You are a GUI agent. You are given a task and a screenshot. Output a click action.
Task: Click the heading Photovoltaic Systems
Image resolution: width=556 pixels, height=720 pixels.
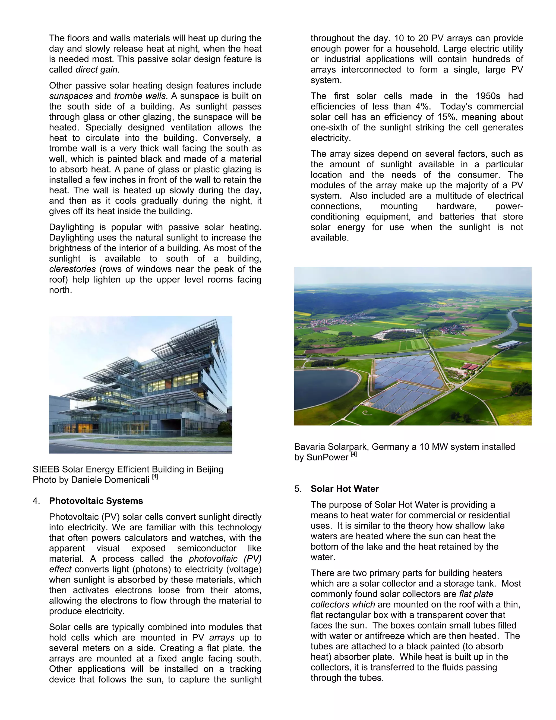pyautogui.click(x=96, y=501)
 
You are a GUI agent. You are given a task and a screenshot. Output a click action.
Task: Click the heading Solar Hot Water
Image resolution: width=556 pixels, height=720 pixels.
pyautogui.click(x=345, y=489)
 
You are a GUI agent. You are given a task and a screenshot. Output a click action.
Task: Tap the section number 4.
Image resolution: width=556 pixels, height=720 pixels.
pyautogui.click(x=36, y=501)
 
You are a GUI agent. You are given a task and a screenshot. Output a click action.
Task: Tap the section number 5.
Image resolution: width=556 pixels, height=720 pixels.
pyautogui.click(x=298, y=489)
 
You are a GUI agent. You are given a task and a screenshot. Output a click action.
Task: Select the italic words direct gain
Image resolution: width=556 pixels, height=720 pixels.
pyautogui.click(x=96, y=70)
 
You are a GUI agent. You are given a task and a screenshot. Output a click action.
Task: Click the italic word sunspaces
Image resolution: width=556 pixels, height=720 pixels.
pyautogui.click(x=71, y=96)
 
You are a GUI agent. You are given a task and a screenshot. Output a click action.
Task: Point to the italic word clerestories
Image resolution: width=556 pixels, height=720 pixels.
pyautogui.click(x=72, y=269)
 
